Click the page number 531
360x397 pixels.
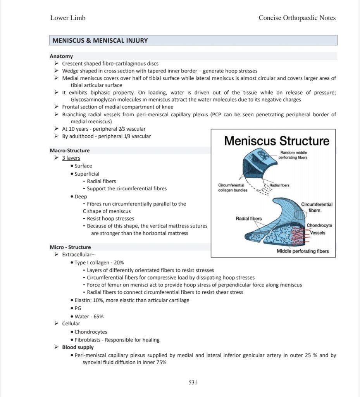[x=193, y=383]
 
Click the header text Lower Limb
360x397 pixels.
[x=68, y=18]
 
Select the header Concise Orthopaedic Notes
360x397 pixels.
[x=297, y=18]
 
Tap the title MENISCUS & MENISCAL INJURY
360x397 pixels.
[x=100, y=40]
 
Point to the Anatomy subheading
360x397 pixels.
[x=61, y=56]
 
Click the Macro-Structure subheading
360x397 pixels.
[x=69, y=150]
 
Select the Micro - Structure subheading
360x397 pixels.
[x=70, y=247]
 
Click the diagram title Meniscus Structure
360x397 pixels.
[x=277, y=140]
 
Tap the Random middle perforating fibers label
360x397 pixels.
[x=293, y=155]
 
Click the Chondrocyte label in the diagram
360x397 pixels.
[x=319, y=226]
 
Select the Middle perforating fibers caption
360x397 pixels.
[x=303, y=251]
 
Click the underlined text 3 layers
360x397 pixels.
[x=71, y=158]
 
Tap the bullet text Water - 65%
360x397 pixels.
[x=89, y=316]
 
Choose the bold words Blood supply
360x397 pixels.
[x=78, y=347]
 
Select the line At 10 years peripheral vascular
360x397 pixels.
[x=104, y=129]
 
